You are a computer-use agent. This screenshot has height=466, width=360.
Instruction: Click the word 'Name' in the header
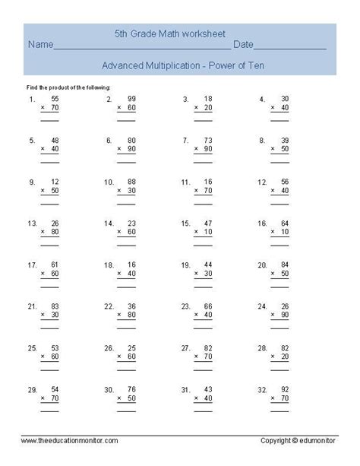(x=41, y=46)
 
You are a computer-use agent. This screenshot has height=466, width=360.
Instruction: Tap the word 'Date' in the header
(x=244, y=46)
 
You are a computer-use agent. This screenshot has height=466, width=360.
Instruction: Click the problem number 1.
(x=31, y=100)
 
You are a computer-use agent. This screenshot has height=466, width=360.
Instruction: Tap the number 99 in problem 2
(x=131, y=99)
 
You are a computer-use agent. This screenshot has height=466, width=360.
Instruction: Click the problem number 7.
(x=185, y=141)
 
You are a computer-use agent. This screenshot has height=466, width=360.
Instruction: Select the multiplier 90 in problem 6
(x=131, y=150)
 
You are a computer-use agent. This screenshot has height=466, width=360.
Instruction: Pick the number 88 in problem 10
(x=131, y=182)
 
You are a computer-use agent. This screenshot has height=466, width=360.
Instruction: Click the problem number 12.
(x=262, y=182)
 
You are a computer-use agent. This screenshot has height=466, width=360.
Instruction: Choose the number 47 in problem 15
(x=207, y=223)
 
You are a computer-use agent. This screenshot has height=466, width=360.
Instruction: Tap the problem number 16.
(x=262, y=223)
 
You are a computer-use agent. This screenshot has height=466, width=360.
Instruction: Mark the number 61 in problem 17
(x=54, y=265)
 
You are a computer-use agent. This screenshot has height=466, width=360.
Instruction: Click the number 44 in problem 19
(x=207, y=265)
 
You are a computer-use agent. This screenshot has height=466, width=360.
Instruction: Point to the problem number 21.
(x=32, y=306)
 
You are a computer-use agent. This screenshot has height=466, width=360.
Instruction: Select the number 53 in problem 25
(x=54, y=347)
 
